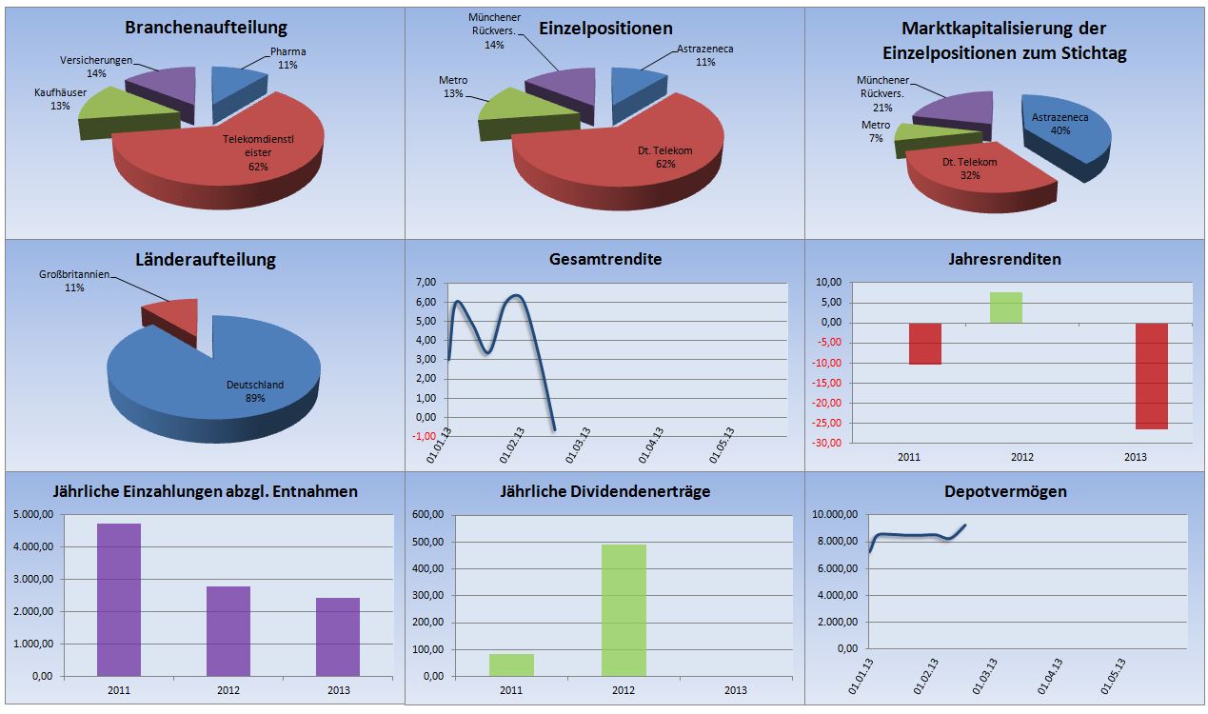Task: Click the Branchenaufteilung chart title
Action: coord(206,28)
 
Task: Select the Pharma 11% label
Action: coord(287,58)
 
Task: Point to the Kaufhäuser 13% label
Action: coord(60,99)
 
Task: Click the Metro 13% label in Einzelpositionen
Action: coord(453,88)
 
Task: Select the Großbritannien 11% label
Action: coord(74,281)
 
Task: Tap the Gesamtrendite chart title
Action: coord(605,259)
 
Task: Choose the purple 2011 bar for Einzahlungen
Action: coord(119,600)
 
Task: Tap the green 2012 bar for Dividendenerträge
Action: coord(624,610)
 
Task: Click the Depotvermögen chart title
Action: coord(1005,491)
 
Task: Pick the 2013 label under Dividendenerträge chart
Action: coord(736,690)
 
